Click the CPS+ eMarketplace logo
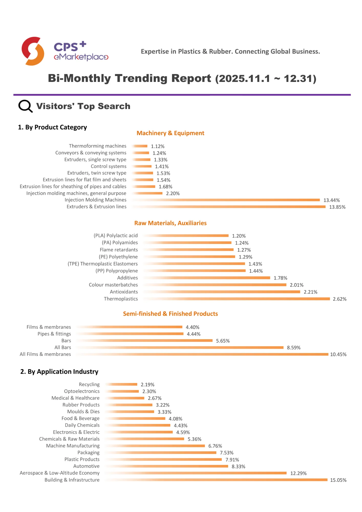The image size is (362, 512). click(x=65, y=51)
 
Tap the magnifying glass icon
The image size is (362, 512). click(x=25, y=106)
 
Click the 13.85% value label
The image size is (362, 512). click(x=337, y=207)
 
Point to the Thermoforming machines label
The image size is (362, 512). click(x=98, y=146)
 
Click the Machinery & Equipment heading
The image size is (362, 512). click(x=170, y=133)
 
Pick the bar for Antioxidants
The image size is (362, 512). click(x=222, y=292)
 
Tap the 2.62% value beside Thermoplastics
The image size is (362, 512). click(x=339, y=299)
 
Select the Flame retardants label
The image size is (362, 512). click(x=119, y=250)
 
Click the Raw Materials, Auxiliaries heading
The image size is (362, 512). click(x=170, y=223)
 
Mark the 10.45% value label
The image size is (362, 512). click(x=338, y=354)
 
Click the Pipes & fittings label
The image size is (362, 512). click(x=54, y=334)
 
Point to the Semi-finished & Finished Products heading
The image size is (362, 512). click(x=170, y=314)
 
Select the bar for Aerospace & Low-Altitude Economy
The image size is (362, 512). click(x=196, y=473)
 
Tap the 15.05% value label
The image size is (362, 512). click(x=338, y=480)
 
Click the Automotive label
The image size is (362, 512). click(x=86, y=466)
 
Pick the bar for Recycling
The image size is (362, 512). click(x=121, y=384)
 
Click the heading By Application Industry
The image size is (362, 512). click(x=59, y=371)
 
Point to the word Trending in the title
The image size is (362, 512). click(x=141, y=78)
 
